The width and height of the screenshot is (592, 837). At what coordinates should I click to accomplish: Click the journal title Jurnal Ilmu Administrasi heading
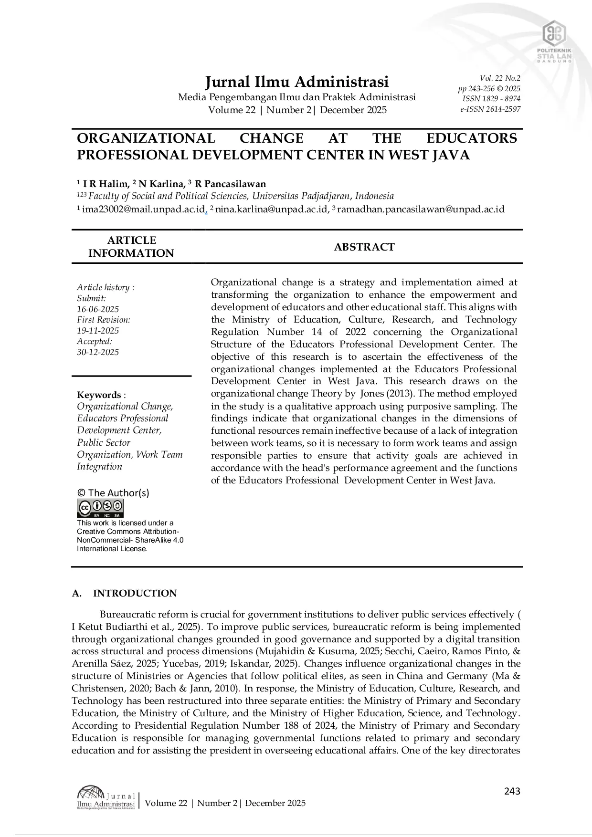click(296, 82)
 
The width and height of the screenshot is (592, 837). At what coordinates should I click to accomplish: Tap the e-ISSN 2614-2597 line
click(490, 109)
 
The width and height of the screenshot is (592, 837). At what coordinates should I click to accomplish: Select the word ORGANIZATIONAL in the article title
click(146, 138)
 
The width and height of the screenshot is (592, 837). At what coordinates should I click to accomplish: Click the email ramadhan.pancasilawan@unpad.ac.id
click(421, 209)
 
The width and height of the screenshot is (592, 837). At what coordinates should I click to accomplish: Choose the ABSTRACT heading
click(364, 247)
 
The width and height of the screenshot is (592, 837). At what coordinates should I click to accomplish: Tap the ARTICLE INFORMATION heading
click(131, 247)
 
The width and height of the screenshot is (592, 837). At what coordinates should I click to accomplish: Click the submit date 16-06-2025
click(98, 309)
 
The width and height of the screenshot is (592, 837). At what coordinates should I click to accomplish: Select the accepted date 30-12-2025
click(98, 352)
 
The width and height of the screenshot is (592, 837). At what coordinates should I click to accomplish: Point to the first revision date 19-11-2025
click(98, 331)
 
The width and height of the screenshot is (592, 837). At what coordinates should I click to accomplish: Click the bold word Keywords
click(99, 395)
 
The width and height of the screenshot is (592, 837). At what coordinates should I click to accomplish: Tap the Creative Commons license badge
click(100, 508)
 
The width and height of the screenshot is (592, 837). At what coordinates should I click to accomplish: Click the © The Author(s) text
click(113, 493)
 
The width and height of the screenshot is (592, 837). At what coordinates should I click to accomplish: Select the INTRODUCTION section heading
click(135, 593)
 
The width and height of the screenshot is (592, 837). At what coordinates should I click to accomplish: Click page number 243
click(512, 791)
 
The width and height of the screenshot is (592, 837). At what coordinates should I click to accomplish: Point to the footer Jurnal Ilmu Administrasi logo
click(106, 797)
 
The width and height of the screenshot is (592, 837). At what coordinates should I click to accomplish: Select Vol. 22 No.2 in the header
click(500, 78)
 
